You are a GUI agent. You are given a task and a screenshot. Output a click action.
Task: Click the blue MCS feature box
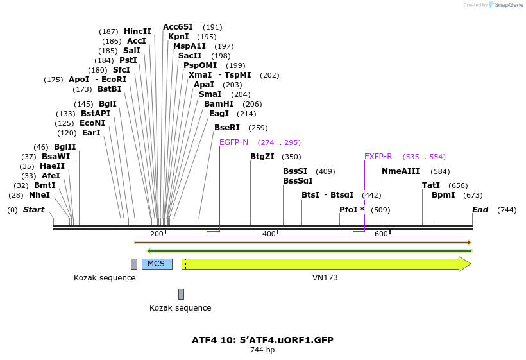(x=157, y=264)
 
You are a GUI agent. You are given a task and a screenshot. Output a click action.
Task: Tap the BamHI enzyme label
(x=219, y=103)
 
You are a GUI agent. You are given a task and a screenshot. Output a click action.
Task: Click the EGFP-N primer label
(x=233, y=142)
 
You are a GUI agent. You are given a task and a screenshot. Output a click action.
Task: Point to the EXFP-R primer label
(x=378, y=157)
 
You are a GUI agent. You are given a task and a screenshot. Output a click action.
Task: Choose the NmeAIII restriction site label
(x=400, y=171)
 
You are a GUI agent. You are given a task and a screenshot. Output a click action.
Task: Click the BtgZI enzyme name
(x=262, y=157)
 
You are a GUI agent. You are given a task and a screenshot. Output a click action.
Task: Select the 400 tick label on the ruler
(x=269, y=234)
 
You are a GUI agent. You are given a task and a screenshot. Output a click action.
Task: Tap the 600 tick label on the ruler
(x=381, y=234)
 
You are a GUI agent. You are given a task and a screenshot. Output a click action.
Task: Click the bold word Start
(x=34, y=210)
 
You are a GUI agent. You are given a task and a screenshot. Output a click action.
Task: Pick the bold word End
(x=480, y=210)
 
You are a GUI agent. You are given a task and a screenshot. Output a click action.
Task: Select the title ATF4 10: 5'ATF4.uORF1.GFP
(x=262, y=339)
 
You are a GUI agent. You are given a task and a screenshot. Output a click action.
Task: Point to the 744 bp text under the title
(x=262, y=350)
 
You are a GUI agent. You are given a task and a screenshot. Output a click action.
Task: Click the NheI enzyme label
(x=39, y=195)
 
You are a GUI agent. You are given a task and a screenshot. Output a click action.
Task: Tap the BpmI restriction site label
(x=443, y=195)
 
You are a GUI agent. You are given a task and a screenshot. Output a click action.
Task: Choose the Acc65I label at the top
(x=178, y=27)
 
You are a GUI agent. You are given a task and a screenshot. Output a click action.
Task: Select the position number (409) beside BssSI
(x=325, y=171)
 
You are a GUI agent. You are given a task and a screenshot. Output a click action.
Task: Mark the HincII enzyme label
(x=137, y=31)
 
